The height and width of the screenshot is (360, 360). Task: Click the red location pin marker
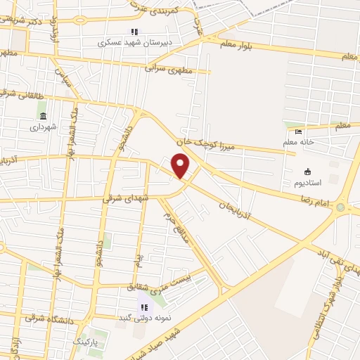point(181,165)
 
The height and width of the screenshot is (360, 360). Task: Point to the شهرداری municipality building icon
point(43,116)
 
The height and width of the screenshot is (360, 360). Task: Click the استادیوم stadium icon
point(307,172)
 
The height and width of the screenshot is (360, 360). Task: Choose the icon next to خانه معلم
point(298,131)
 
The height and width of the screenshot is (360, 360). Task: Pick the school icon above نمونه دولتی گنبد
point(144,307)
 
